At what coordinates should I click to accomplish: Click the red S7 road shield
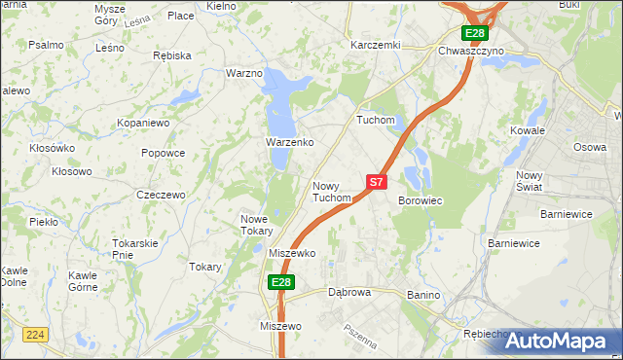point(377,181)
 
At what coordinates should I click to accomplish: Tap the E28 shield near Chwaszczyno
point(474,34)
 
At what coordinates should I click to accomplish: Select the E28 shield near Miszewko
point(280,282)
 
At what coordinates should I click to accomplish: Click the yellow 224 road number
point(37,334)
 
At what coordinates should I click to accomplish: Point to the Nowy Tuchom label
point(331,192)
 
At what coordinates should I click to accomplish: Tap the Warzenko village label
point(289,142)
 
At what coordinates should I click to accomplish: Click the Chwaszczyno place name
point(471,50)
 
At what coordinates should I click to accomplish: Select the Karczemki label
point(376,45)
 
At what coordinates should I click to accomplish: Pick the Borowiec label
point(421,200)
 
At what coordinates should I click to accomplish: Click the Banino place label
point(423,295)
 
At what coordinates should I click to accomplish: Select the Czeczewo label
point(161,195)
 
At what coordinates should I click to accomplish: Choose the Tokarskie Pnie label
point(135,248)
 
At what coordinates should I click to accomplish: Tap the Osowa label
point(589,147)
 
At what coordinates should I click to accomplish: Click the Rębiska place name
point(172,55)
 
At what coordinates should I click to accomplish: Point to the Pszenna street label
point(359,337)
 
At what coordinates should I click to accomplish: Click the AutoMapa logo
point(559,341)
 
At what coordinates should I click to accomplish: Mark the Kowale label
point(528,129)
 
